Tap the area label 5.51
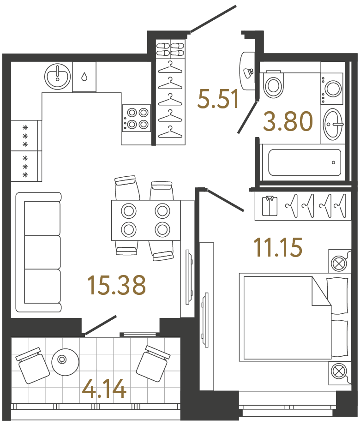coord(218,99)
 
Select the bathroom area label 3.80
coord(288,122)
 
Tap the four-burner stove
coord(137,117)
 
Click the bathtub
coord(305,162)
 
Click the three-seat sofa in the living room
coord(39,252)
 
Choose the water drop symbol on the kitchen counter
coord(84,76)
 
